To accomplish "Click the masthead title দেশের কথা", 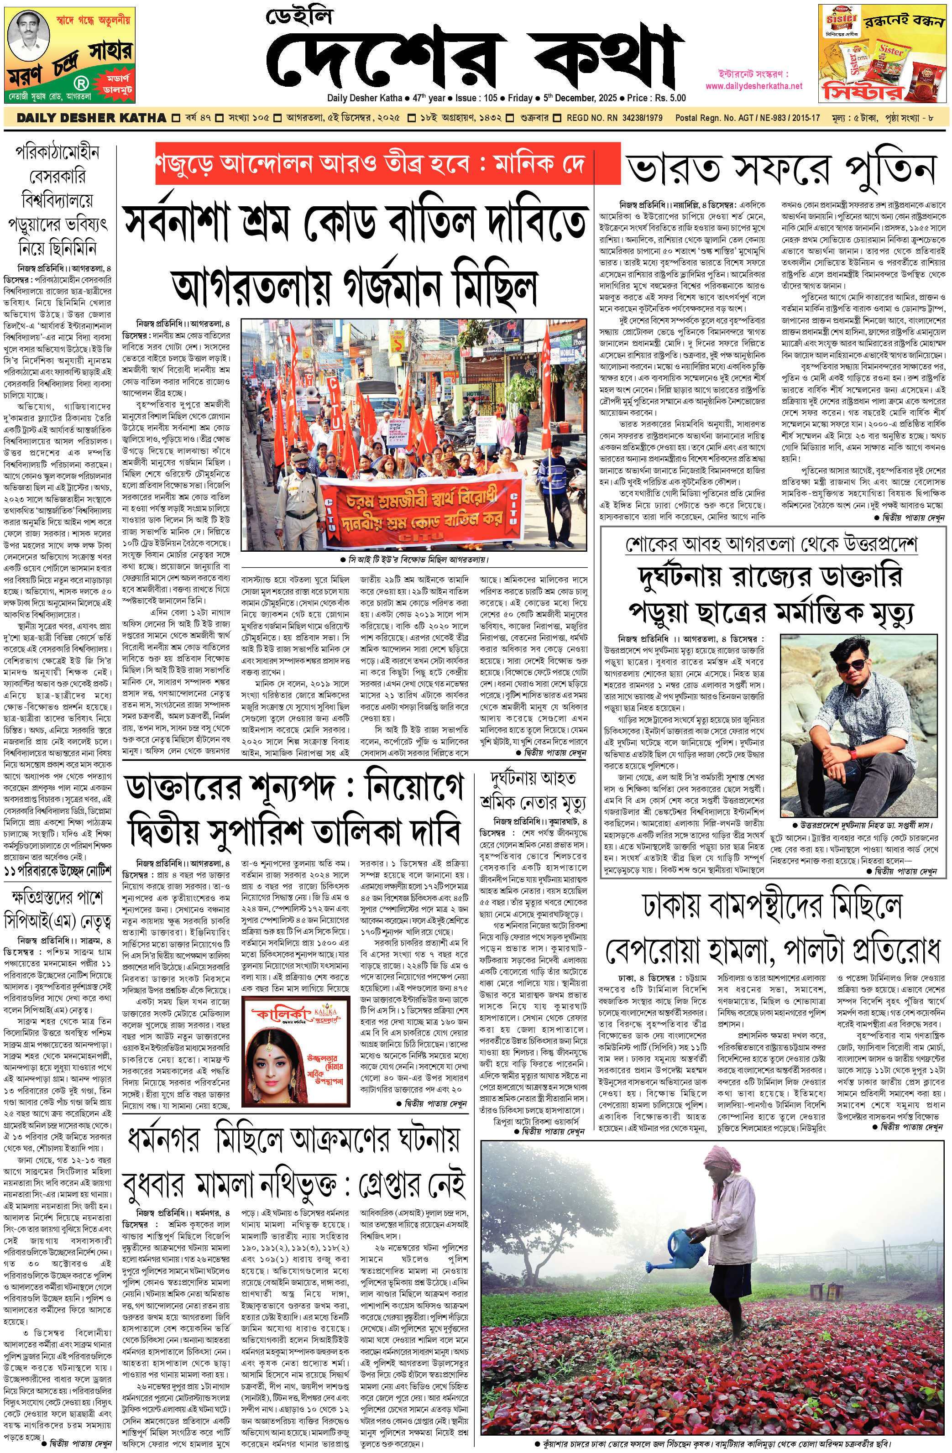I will click(474, 58).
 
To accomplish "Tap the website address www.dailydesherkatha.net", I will click(753, 86).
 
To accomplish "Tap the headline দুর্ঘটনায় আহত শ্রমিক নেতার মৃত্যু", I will click(533, 790).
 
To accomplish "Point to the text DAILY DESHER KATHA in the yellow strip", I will click(91, 118).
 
